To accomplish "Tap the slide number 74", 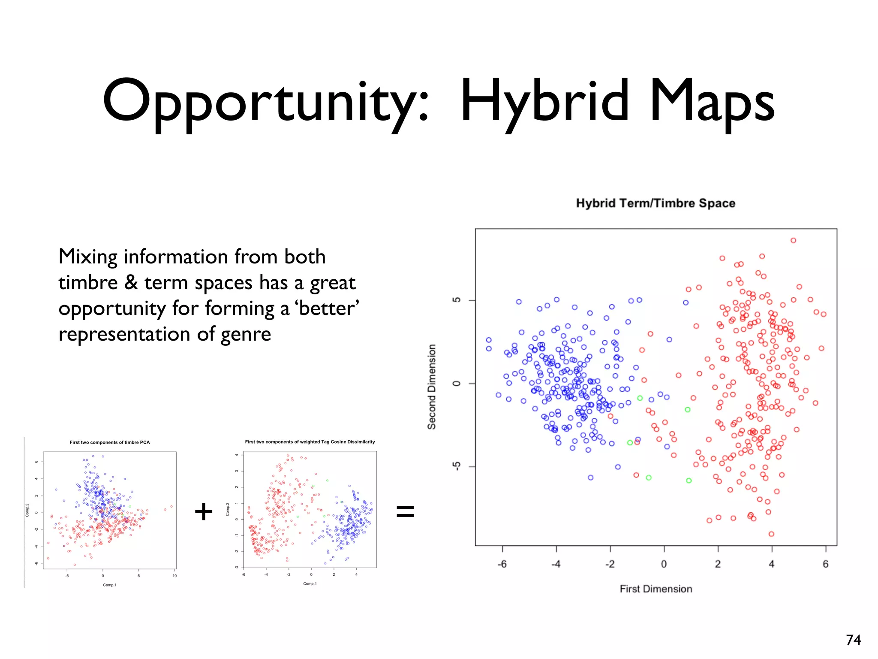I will pyautogui.click(x=853, y=640).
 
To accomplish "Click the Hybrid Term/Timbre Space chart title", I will pyautogui.click(x=655, y=203).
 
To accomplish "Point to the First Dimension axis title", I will pyautogui.click(x=656, y=589).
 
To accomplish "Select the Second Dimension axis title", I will pyautogui.click(x=432, y=387).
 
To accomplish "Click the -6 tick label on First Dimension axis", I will pyautogui.click(x=502, y=564).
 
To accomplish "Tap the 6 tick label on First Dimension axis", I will pyautogui.click(x=826, y=564).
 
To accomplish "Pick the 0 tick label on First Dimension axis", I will pyautogui.click(x=664, y=564).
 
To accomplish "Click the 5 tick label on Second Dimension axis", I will pyautogui.click(x=457, y=300).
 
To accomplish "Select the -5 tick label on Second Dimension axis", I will pyautogui.click(x=457, y=466).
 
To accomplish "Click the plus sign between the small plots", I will pyautogui.click(x=204, y=511).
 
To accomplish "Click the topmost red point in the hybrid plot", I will pyautogui.click(x=793, y=241).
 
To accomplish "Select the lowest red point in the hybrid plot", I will pyautogui.click(x=771, y=534).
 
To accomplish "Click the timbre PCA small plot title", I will pyautogui.click(x=110, y=442).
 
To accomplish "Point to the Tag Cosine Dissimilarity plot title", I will pyautogui.click(x=310, y=442).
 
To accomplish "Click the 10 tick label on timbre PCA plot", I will pyautogui.click(x=174, y=576).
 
